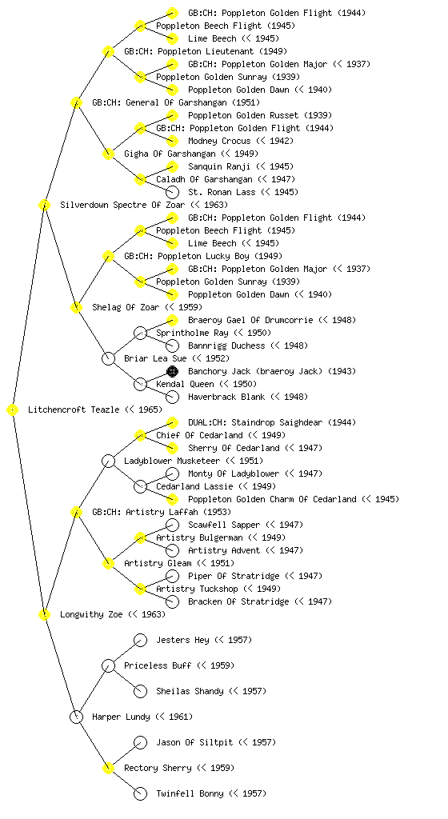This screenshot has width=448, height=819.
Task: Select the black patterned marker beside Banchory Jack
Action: [172, 371]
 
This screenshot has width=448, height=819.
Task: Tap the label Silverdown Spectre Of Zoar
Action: [122, 205]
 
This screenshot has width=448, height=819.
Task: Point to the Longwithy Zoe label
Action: [91, 614]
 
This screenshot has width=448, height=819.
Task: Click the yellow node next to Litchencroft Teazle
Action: [13, 410]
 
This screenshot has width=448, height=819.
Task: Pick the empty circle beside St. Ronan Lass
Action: [172, 192]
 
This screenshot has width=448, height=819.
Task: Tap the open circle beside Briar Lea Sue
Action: [108, 358]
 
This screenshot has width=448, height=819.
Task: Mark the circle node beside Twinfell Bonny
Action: [140, 794]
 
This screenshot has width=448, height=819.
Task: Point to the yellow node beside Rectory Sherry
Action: [108, 768]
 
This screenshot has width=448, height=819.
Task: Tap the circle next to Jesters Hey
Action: [140, 640]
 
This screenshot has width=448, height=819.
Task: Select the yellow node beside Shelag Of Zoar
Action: [76, 307]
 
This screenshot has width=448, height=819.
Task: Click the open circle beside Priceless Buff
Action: [108, 665]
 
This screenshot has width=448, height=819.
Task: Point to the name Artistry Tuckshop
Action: [197, 589]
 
